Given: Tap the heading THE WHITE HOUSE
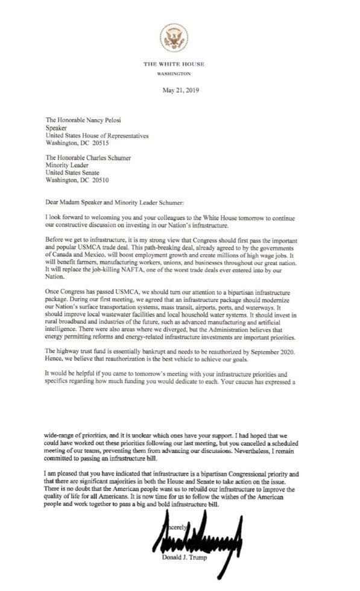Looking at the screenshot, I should (174, 64).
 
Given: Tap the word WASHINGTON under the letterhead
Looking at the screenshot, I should (174, 73).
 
